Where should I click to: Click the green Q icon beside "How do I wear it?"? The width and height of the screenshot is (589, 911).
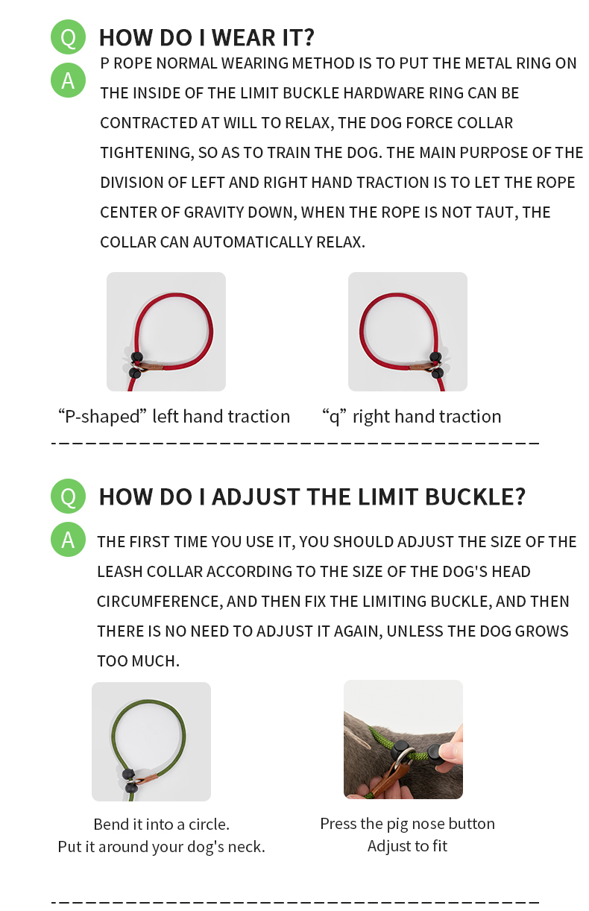68,37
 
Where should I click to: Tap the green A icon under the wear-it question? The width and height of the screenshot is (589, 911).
68,80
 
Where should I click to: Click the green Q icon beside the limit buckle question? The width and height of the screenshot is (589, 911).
68,497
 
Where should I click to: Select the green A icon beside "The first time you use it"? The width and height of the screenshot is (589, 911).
68,540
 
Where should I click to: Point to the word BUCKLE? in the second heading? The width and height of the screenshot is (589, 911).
475,497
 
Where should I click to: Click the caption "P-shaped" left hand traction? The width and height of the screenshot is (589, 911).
174,417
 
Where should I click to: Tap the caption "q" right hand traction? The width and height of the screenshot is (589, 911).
412,417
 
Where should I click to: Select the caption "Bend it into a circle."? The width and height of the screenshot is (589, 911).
162,825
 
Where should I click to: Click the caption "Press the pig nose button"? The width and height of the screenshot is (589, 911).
407,824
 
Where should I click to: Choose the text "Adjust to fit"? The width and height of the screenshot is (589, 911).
407,846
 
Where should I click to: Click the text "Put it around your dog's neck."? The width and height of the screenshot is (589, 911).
162,847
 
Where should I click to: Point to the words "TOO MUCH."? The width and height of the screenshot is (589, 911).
138,661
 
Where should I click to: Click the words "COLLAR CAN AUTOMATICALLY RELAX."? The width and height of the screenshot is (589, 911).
233,242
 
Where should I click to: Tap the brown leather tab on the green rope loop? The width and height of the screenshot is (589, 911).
145,781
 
